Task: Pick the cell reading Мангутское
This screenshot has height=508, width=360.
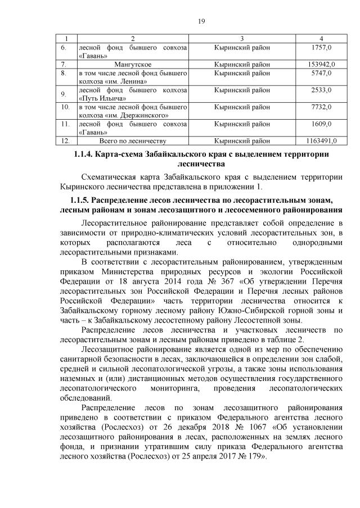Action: (x=133, y=65)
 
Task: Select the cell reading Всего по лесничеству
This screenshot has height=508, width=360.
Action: (x=133, y=140)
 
